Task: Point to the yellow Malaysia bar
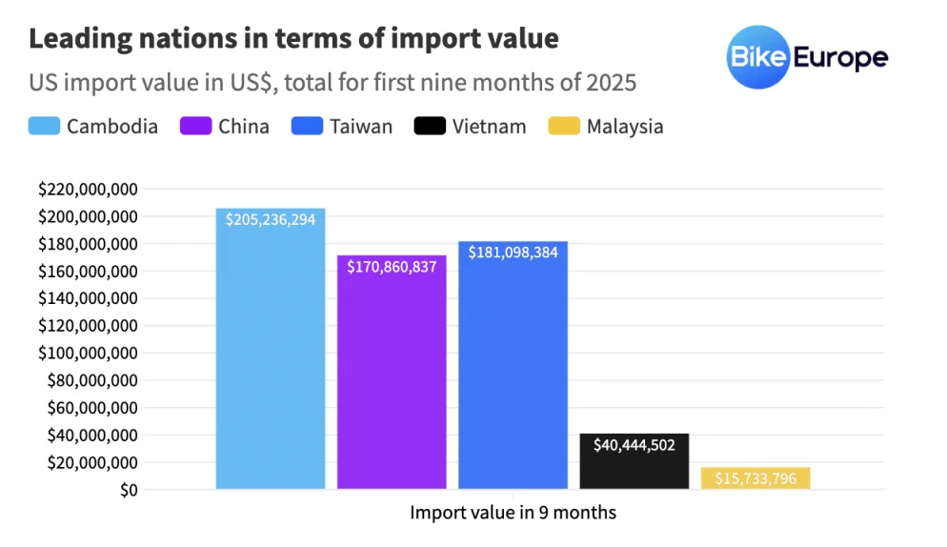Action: coord(756,478)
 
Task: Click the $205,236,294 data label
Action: coord(271,219)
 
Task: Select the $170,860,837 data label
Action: coord(392,267)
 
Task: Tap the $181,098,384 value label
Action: coord(513,253)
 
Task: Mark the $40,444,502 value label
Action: coord(634,445)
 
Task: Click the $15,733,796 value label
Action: coord(756,478)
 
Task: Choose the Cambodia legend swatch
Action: coord(44,127)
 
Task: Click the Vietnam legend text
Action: coord(489,127)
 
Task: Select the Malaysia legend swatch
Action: coord(564,127)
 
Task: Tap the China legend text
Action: coord(243,127)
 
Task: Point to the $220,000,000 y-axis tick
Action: coord(88,190)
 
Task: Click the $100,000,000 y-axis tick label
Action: coord(88,354)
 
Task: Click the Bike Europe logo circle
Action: coord(756,57)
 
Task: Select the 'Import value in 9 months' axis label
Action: coord(513,513)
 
